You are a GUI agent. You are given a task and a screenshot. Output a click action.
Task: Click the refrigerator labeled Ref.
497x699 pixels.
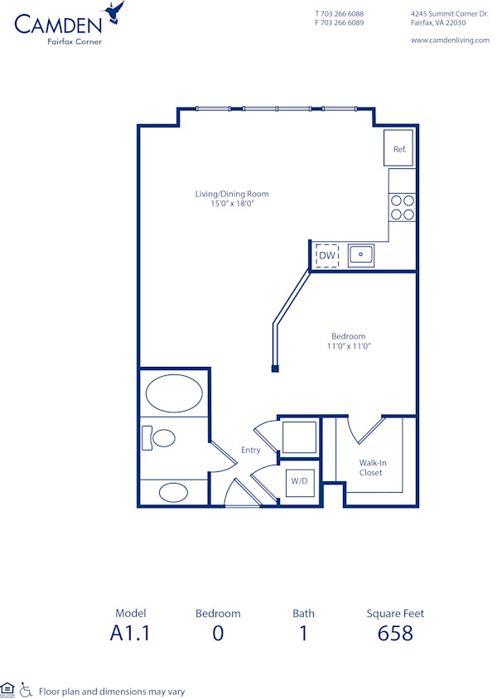[398, 149]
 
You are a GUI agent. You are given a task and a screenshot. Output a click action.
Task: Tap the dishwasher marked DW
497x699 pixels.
[327, 256]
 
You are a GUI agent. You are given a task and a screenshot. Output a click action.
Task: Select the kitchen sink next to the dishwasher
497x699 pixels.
[361, 255]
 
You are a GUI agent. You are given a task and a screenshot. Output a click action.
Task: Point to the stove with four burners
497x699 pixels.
[402, 207]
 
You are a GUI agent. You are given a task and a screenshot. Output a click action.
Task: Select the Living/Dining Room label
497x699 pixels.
[232, 194]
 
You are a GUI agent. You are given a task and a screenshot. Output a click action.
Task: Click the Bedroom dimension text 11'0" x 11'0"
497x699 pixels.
[348, 346]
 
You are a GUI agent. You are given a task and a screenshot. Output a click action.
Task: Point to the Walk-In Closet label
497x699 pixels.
[371, 468]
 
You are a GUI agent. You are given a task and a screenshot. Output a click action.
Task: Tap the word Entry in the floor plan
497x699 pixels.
[250, 451]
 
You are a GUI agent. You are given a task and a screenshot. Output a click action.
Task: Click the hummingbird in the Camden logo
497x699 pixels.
[113, 12]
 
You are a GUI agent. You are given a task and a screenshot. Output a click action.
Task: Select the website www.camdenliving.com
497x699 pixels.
[450, 40]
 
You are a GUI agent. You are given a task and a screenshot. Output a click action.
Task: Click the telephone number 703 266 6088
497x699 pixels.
[343, 14]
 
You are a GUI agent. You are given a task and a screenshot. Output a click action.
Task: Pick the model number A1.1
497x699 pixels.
[131, 634]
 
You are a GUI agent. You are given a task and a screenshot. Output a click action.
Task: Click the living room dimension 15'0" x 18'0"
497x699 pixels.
[232, 204]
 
